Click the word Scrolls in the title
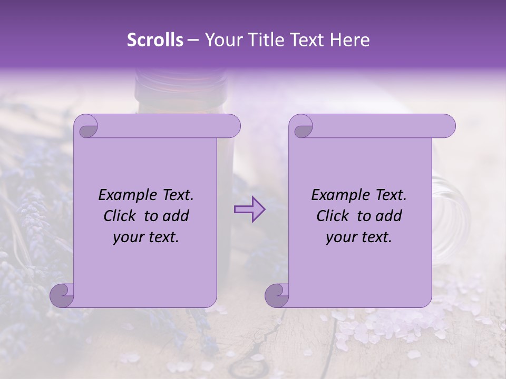tap(155, 40)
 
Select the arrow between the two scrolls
tap(249, 210)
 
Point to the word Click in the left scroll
tap(121, 216)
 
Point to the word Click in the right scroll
tap(334, 216)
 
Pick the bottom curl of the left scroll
tap(62, 295)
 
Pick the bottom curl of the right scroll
tap(277, 295)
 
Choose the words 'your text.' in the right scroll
tap(358, 237)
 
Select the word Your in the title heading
tap(221, 40)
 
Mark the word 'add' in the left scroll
tap(176, 216)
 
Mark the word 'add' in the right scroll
tap(388, 216)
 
